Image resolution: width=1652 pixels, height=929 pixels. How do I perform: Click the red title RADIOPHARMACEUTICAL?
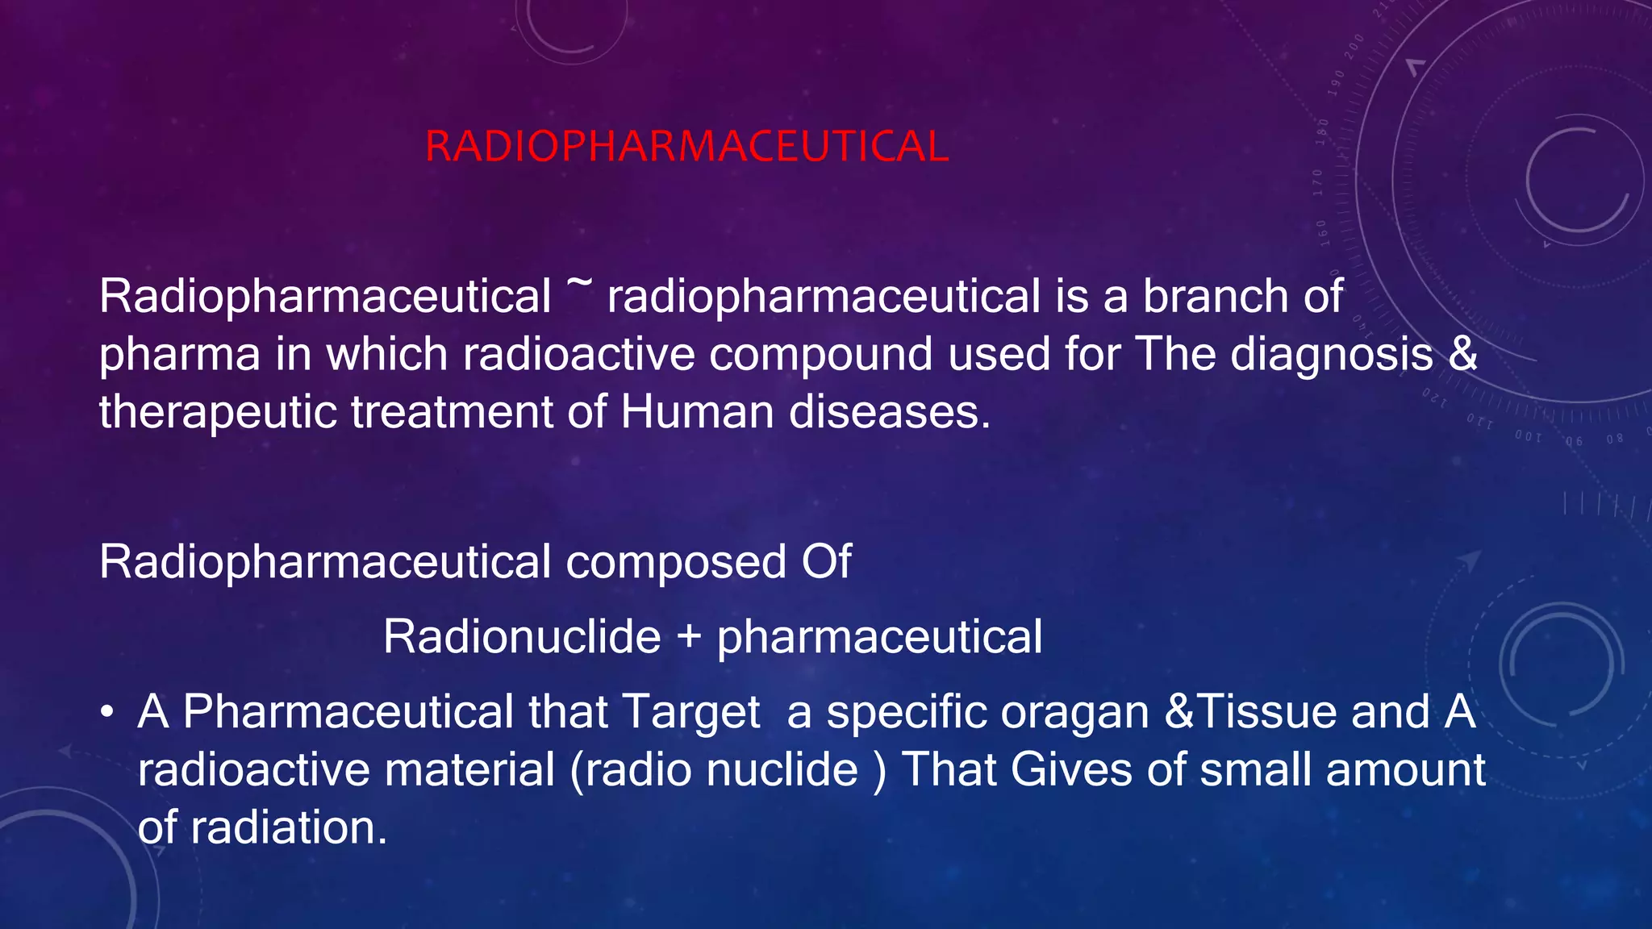coord(686,147)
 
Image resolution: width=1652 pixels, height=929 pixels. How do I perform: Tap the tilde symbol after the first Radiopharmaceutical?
coord(579,284)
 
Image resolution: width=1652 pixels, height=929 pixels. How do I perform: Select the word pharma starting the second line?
coord(179,356)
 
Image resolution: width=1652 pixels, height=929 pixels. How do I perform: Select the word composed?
coord(676,562)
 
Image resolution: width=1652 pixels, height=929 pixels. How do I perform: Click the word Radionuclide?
coord(522,636)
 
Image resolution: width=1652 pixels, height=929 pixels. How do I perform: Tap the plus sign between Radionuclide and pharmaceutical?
coord(689,637)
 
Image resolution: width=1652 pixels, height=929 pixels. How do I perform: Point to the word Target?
coord(691,713)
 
